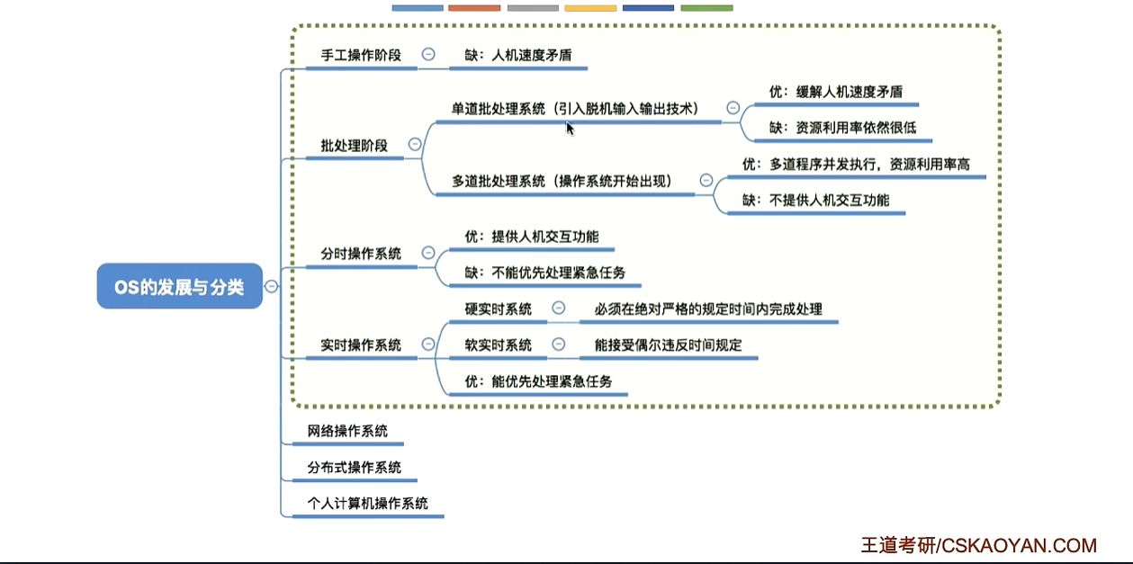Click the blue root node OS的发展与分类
179,287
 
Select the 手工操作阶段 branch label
361,55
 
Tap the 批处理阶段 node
354,145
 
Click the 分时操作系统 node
361,254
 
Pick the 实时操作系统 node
361,345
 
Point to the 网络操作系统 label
347,431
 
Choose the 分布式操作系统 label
354,468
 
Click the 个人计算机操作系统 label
367,503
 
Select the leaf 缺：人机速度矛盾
517,55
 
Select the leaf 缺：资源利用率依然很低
842,128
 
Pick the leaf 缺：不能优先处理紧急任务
544,273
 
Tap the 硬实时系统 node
498,309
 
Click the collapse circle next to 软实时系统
558,345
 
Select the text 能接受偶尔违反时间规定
668,345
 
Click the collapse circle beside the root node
271,287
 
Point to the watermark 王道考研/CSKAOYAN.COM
978,545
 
